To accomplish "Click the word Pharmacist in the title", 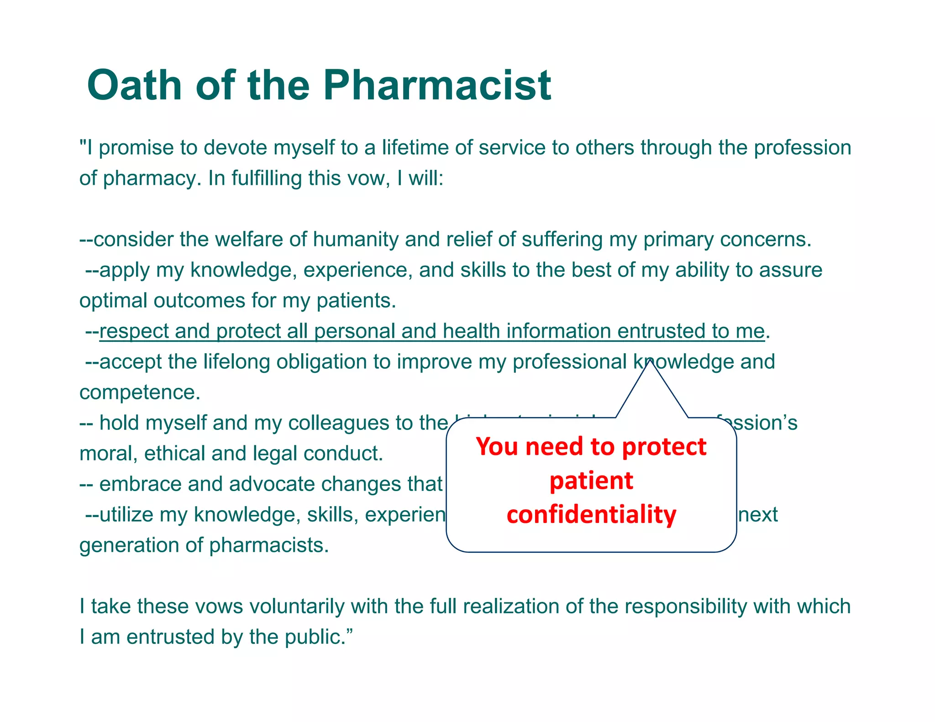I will (437, 85).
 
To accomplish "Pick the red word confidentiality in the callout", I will (591, 515).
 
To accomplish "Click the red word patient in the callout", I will (591, 481).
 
